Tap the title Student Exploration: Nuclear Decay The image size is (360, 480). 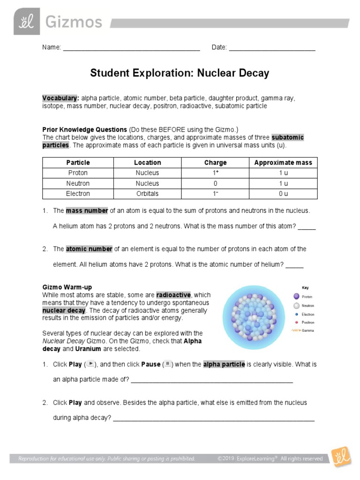[180, 73]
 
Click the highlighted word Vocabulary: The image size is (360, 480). [60, 98]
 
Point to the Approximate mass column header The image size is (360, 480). [283, 163]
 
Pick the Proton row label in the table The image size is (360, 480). [78, 173]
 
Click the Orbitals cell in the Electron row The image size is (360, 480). [148, 194]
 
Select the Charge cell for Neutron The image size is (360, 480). [215, 183]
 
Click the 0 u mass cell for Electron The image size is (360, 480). [283, 194]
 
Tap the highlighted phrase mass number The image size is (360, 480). [87, 210]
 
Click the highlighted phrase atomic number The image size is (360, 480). [89, 249]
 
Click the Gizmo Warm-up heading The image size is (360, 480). [67, 287]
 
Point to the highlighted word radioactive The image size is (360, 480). [173, 295]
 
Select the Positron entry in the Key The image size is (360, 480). [307, 322]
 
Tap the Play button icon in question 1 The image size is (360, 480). [91, 364]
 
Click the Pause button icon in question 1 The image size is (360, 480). [168, 364]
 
